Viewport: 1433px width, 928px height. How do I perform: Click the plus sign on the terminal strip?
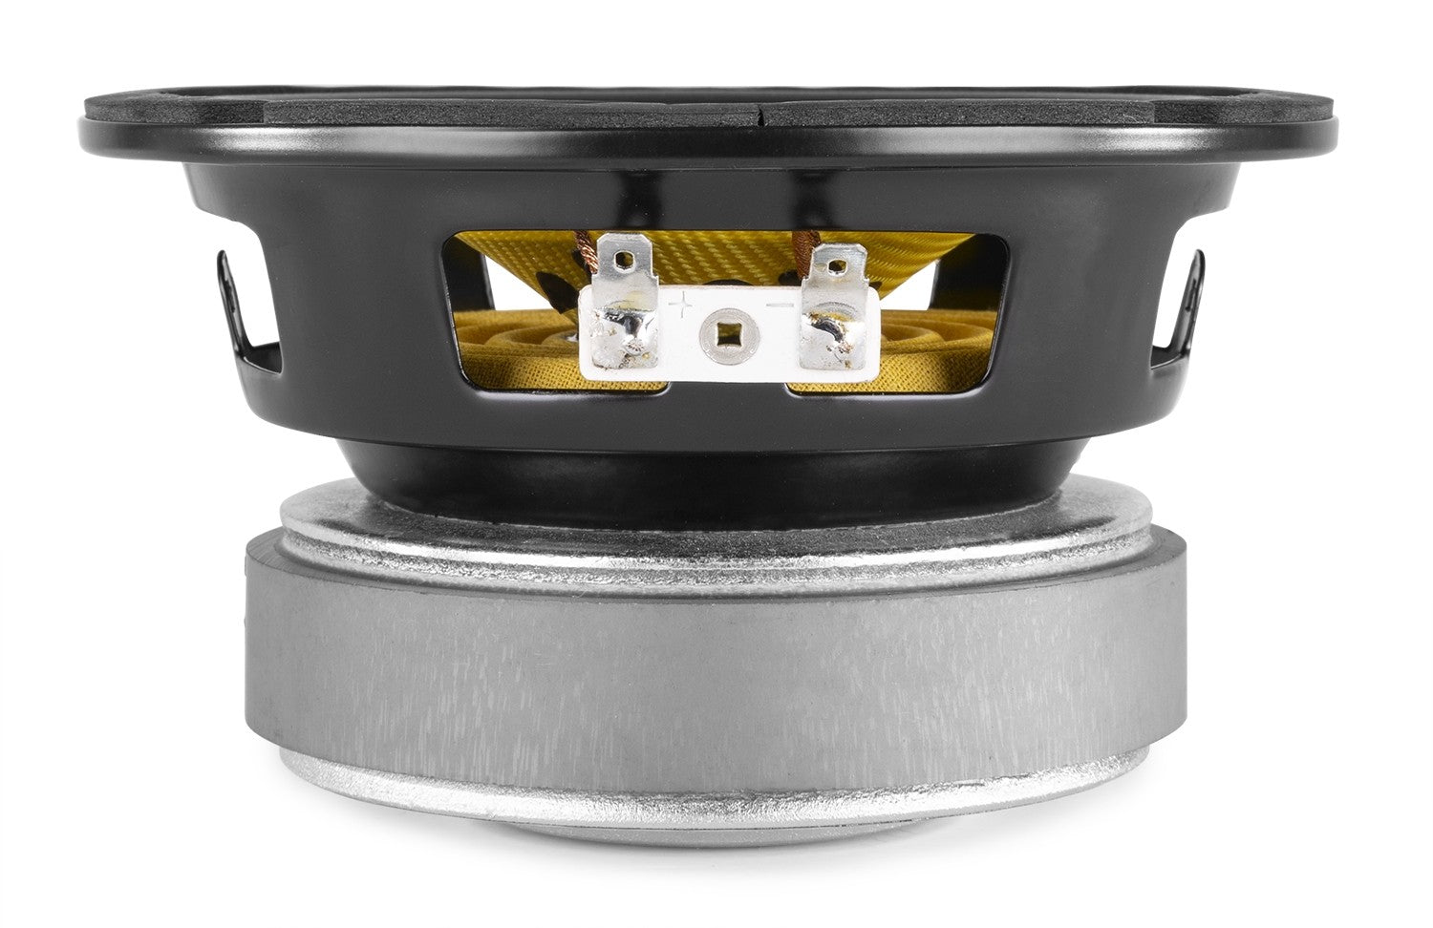[683, 305]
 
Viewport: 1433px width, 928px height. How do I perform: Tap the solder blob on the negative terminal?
[831, 330]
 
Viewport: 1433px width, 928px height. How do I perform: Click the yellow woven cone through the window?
[726, 253]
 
